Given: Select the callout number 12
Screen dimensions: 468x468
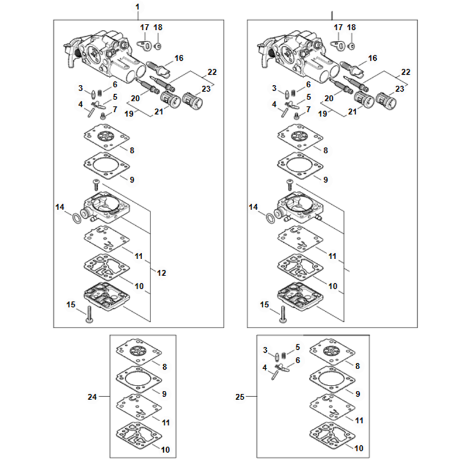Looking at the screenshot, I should tap(161, 273).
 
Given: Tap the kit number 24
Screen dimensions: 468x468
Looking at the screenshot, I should tap(92, 397).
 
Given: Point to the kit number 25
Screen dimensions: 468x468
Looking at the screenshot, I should tap(239, 397).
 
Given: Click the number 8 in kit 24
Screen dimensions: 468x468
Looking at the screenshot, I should tap(164, 367).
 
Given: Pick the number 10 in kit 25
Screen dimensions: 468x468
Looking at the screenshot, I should tap(359, 448).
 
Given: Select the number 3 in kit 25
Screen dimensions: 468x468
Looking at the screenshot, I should tap(265, 350).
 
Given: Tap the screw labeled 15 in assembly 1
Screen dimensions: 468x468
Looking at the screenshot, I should tap(89, 314).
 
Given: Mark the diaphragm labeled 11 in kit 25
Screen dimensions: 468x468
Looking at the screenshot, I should tap(332, 405).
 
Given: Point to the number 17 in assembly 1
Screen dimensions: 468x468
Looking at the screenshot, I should tap(144, 27).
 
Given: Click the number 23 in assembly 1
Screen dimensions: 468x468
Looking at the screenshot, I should tap(205, 89).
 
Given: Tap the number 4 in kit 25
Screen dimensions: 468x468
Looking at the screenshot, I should tap(264, 367).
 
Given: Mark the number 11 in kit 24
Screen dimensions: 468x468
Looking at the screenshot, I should tap(166, 421).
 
